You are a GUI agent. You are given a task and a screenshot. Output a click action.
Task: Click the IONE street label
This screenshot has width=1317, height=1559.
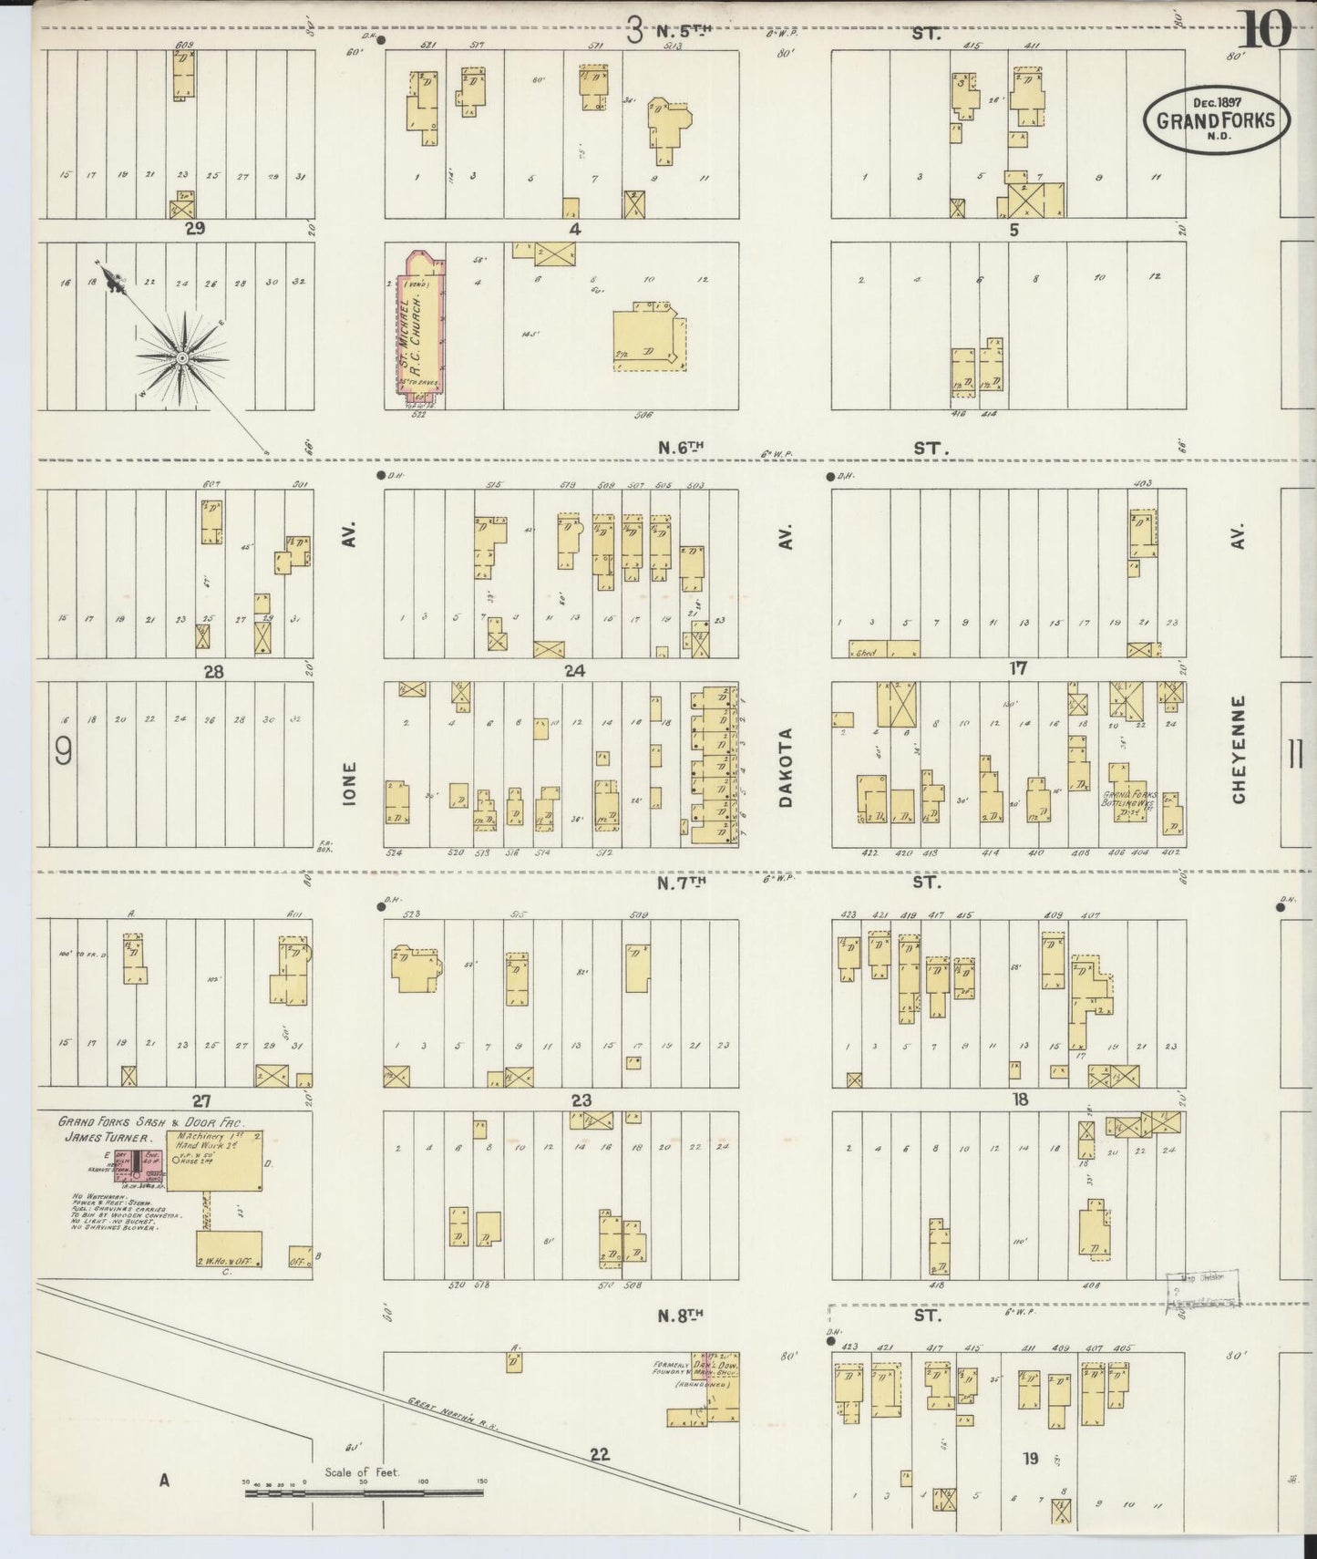pyautogui.click(x=350, y=783)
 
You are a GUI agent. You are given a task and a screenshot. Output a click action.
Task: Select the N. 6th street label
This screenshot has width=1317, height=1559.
pyautogui.click(x=683, y=448)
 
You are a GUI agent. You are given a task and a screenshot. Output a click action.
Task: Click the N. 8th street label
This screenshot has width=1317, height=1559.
pyautogui.click(x=683, y=1316)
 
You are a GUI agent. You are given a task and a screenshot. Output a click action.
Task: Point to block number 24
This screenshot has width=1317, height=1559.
pyautogui.click(x=574, y=670)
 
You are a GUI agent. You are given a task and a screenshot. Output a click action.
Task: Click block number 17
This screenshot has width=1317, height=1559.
pyautogui.click(x=1018, y=668)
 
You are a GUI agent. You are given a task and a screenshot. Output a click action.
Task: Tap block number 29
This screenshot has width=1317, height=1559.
pyautogui.click(x=193, y=229)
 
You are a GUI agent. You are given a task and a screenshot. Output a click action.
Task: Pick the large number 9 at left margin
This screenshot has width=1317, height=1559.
pyautogui.click(x=64, y=752)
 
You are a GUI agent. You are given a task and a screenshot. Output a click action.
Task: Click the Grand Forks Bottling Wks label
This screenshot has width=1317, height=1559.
pyautogui.click(x=1130, y=800)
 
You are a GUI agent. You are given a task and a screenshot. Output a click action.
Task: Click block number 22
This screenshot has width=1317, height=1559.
pyautogui.click(x=599, y=1454)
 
